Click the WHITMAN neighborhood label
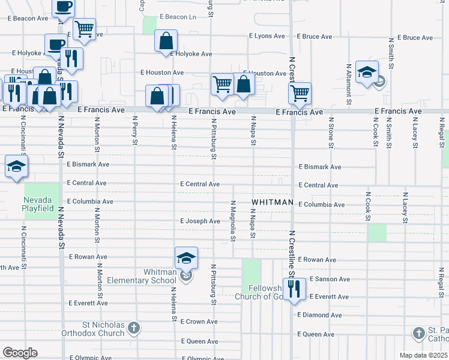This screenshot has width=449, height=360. coord(273,202)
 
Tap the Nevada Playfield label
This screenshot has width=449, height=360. coord(42,205)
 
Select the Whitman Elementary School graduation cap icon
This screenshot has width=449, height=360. coord(187,258)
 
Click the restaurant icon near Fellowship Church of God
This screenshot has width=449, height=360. coord(294,289)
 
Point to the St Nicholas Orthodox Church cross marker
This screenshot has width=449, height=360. coord(134,328)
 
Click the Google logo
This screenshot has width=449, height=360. coord(20,353)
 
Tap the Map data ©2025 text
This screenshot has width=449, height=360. coord(423,355)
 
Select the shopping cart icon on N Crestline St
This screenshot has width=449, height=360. coord(300,93)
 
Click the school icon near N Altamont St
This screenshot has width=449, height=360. coord(366,72)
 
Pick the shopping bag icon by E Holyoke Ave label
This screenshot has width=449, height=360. coord(166,41)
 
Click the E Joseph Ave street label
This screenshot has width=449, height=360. coord(200,221)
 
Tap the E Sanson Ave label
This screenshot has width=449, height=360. coord(328,279)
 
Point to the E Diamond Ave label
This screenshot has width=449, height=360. coord(320,315)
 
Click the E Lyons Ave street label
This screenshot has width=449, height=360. coord(268,36)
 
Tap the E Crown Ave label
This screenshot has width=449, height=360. coord(200,322)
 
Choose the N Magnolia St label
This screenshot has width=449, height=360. coord(232,221)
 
